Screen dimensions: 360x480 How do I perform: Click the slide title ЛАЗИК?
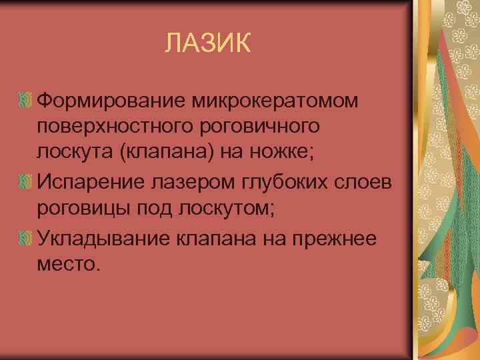point(209,45)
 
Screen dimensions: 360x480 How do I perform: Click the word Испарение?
point(93,180)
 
